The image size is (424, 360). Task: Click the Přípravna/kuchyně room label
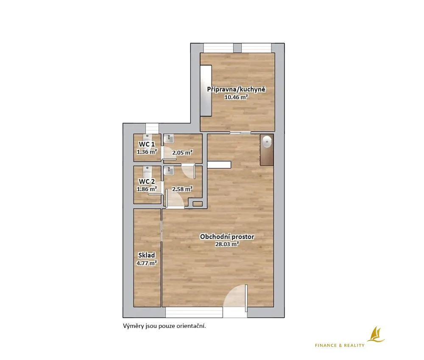[236, 90]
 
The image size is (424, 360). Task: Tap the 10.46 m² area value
[236, 97]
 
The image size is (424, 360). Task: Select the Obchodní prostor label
[227, 237]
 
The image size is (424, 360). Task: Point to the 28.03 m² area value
[227, 244]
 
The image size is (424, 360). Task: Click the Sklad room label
[147, 255]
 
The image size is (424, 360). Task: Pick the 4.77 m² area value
[147, 263]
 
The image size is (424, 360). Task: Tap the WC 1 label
[147, 144]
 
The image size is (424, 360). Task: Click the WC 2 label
[147, 182]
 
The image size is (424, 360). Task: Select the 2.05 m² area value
[182, 152]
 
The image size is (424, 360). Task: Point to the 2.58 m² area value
[182, 189]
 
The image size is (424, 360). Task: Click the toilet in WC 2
[148, 172]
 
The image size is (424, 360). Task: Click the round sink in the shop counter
[267, 141]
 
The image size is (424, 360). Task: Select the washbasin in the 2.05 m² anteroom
[169, 139]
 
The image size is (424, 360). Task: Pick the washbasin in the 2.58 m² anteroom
[169, 171]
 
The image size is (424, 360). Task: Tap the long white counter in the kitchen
[206, 91]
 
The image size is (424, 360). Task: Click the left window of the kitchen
[218, 48]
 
